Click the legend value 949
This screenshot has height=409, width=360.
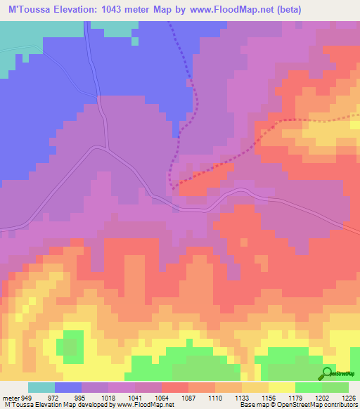(x=26, y=397)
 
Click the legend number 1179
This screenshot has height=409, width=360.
(x=296, y=397)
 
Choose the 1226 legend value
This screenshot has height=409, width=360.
(x=347, y=397)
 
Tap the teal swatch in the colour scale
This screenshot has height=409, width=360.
(x=41, y=387)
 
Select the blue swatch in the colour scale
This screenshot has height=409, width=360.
(x=68, y=387)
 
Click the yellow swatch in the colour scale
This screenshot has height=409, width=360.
(x=282, y=387)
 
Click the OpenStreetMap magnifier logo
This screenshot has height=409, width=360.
(x=328, y=372)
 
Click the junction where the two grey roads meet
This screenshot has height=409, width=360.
(x=106, y=148)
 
